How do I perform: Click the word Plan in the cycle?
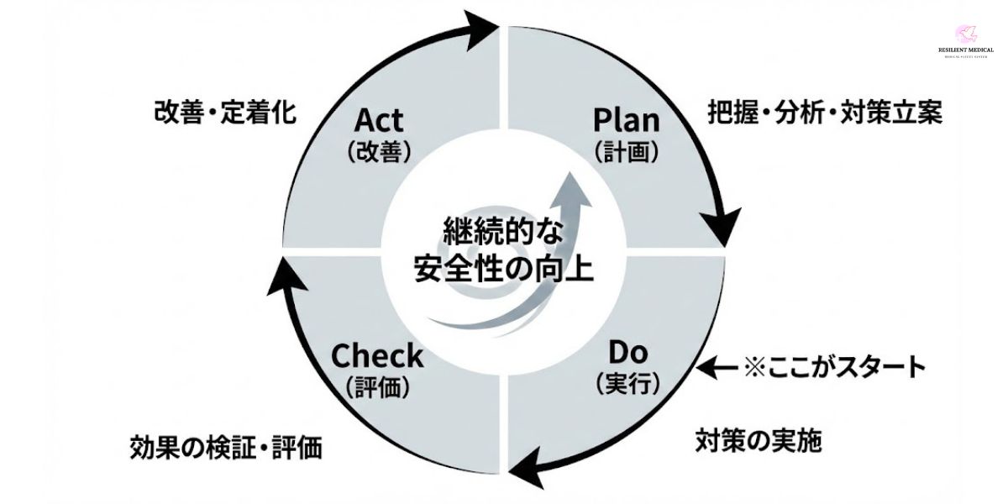[626, 119]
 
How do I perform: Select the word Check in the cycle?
[377, 355]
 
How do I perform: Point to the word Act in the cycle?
[378, 119]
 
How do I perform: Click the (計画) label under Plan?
[626, 151]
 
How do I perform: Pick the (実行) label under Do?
[627, 383]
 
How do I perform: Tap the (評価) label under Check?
[377, 386]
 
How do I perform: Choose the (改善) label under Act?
[378, 151]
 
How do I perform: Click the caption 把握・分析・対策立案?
[825, 113]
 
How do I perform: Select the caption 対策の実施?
[759, 439]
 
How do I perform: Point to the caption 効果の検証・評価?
[226, 447]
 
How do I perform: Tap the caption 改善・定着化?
[225, 113]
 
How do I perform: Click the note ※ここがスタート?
[834, 367]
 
